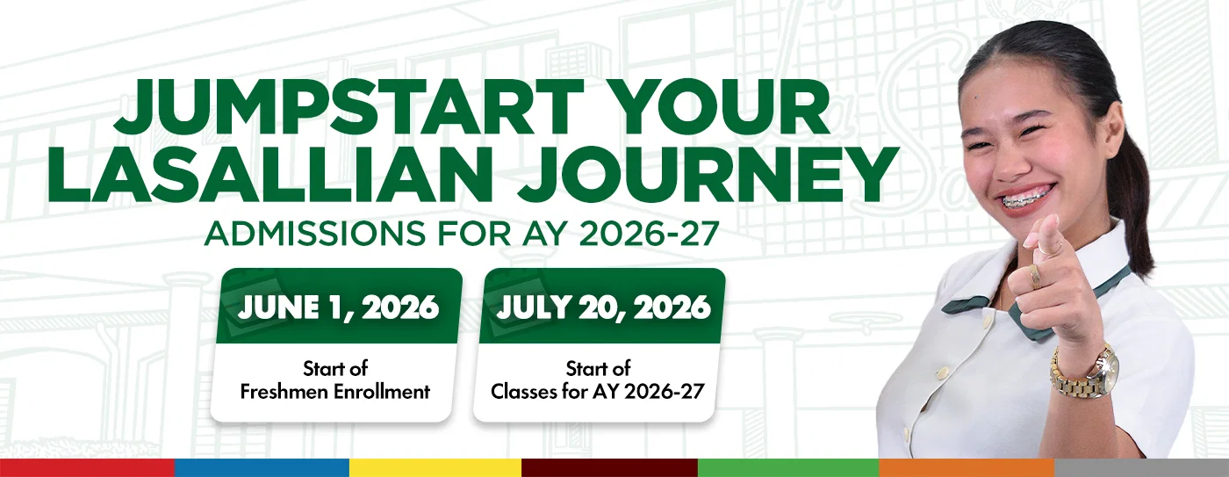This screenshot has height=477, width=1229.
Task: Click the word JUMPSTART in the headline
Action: point(349,107)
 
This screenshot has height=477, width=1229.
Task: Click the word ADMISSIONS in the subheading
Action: point(315,234)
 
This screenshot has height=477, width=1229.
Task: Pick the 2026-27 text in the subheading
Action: point(649,234)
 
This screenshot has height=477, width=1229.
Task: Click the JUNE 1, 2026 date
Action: point(339,307)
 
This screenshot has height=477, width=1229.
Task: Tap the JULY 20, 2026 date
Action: point(604,307)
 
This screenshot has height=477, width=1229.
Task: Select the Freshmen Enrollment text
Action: point(335,392)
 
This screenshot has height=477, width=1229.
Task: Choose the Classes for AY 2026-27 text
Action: point(598,392)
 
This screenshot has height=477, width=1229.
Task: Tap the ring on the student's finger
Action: point(1035,276)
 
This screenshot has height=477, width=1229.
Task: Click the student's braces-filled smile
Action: point(1028,199)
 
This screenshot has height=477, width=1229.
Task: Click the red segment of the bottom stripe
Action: point(87,467)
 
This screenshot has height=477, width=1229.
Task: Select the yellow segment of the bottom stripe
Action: point(435,467)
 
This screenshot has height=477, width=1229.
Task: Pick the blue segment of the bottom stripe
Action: point(262,467)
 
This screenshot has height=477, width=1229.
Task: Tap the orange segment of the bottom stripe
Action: point(967,467)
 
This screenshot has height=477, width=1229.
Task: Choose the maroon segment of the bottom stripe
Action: point(609,467)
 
